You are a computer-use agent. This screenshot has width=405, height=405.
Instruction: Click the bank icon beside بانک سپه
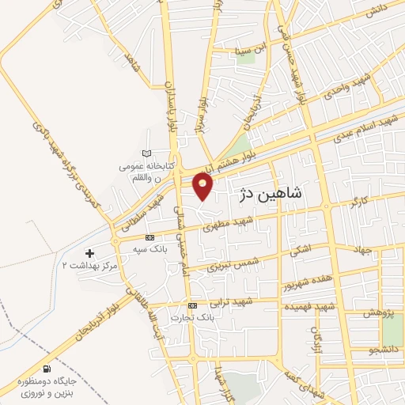coord(150,237)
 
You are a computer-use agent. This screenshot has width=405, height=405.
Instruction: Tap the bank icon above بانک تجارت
coord(192,305)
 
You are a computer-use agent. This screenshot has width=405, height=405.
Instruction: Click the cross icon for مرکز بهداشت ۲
coord(89,253)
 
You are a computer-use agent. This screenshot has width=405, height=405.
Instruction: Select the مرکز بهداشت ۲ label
coord(93,267)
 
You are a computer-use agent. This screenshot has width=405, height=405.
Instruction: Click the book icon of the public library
coord(145,153)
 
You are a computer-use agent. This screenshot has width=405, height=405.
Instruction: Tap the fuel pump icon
coord(47,369)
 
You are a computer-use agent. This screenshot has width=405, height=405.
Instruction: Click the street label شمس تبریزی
coord(229,264)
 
